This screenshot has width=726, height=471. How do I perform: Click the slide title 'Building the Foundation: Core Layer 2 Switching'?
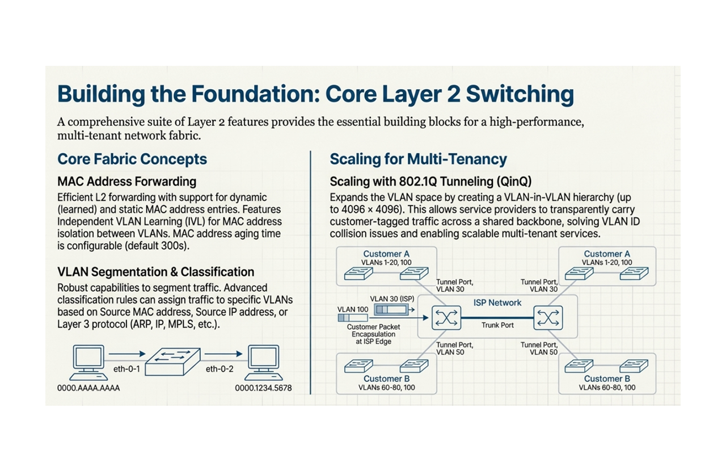(x=315, y=94)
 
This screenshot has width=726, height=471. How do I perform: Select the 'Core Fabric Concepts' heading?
(x=132, y=159)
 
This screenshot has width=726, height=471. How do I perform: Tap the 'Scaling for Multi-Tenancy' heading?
(x=418, y=159)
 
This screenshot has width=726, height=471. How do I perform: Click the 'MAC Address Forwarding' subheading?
(x=126, y=182)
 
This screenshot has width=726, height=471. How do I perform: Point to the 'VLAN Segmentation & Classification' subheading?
(x=155, y=272)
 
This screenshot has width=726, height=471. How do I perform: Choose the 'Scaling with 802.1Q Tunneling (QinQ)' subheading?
(x=430, y=182)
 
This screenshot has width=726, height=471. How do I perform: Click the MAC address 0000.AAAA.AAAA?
(x=88, y=389)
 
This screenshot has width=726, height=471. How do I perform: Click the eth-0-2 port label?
(x=220, y=369)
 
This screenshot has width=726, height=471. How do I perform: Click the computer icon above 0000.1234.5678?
(x=265, y=362)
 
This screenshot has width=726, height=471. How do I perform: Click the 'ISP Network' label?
(x=497, y=302)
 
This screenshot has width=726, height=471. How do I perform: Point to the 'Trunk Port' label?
(x=497, y=325)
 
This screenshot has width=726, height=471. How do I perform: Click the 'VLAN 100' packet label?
(x=353, y=309)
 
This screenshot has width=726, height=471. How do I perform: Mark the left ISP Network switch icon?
(x=446, y=318)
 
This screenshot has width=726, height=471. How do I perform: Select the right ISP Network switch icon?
(x=548, y=318)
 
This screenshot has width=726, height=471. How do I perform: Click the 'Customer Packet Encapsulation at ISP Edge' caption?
(x=374, y=334)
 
